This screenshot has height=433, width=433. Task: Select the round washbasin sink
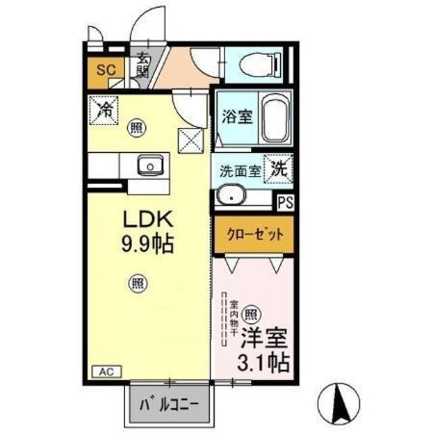point(231,197)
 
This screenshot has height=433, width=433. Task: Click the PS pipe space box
point(285,202)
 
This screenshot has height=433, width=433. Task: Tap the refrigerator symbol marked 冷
point(105,109)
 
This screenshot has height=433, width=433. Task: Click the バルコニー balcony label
point(168,405)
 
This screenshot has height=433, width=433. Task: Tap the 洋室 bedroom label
point(263,339)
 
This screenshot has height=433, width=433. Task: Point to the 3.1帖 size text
point(263,364)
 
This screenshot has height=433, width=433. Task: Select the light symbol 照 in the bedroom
point(249,313)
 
